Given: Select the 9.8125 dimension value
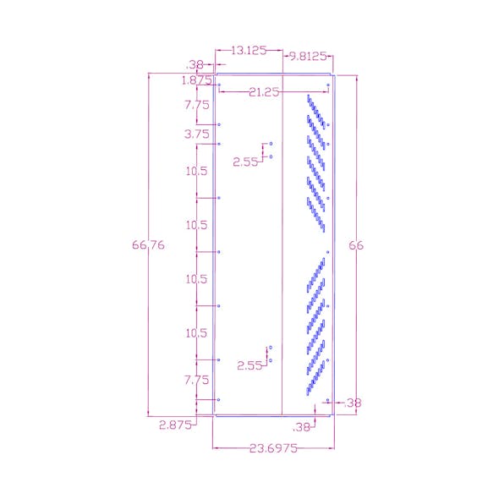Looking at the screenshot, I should click(308, 57).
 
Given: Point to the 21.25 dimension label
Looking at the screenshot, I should click(264, 92).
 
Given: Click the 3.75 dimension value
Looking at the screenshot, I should click(196, 134).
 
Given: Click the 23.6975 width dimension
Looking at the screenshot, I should click(272, 450).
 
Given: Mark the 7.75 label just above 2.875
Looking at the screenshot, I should click(196, 381).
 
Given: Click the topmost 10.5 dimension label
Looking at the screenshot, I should click(196, 172).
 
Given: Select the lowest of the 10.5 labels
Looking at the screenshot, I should click(196, 333).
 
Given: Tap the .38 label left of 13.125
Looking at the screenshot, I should click(195, 63).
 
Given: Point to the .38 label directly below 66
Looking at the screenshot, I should click(353, 403).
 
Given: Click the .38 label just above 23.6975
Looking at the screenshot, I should click(302, 427).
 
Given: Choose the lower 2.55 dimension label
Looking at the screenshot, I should click(249, 365).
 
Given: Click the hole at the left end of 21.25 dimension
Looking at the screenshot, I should click(219, 85).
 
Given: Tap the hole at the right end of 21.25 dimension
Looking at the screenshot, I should click(328, 85).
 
